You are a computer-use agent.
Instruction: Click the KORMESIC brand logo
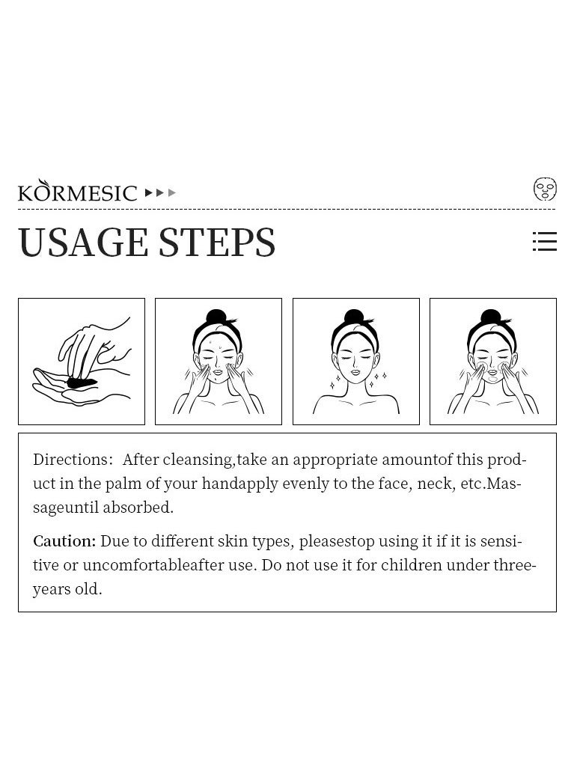coord(77,191)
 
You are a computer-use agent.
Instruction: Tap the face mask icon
coord(545,189)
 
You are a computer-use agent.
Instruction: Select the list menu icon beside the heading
coord(545,241)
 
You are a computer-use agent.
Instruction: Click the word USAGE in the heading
coord(83,243)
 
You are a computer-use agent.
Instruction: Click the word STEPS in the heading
coord(217,243)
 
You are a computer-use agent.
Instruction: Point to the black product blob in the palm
coord(82,383)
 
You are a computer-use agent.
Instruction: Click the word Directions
coord(73,460)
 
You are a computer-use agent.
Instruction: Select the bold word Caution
coord(64,541)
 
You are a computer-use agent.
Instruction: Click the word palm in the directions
coord(123,484)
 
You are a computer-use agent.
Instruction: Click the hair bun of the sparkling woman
coord(353,317)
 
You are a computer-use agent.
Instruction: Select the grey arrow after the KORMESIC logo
coord(172,192)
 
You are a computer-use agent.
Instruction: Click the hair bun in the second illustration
coord(216,317)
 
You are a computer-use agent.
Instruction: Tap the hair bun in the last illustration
coord(490,317)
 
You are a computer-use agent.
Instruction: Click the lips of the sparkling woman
coord(355,372)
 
